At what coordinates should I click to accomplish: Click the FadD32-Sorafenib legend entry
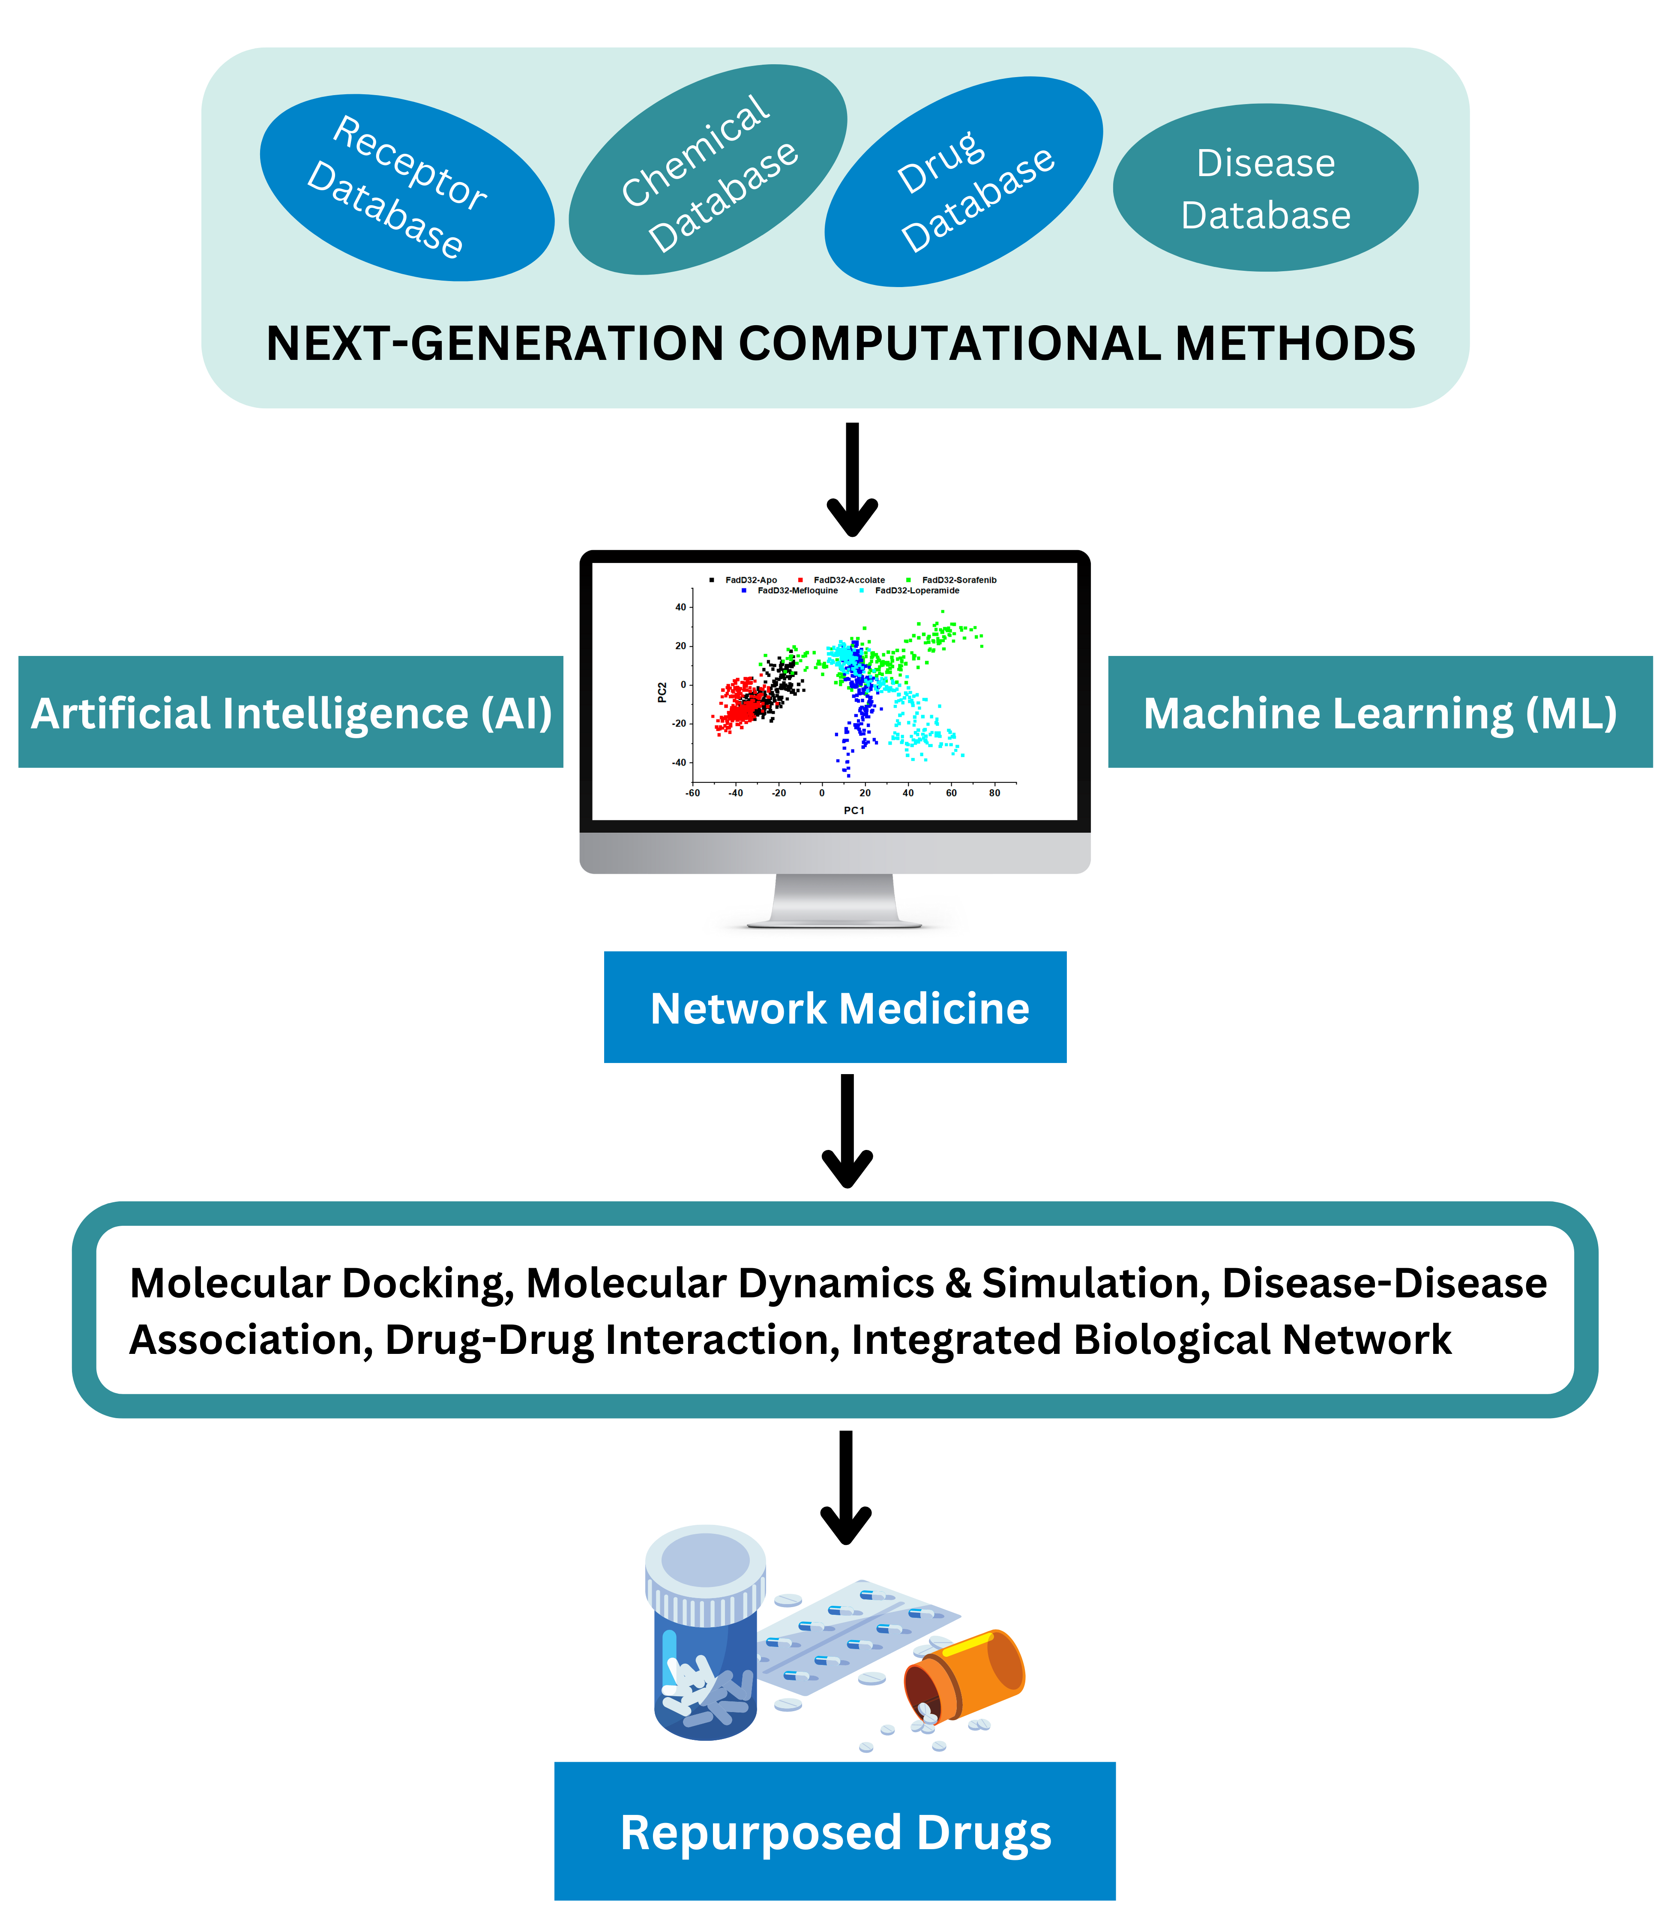tap(958, 580)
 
